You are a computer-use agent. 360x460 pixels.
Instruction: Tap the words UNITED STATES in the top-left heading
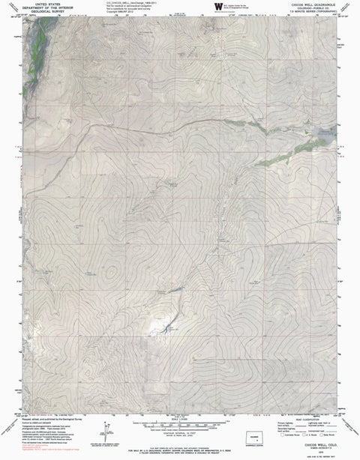pyautogui.click(x=45, y=4)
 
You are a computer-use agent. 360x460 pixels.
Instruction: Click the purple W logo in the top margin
pyautogui.click(x=218, y=7)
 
